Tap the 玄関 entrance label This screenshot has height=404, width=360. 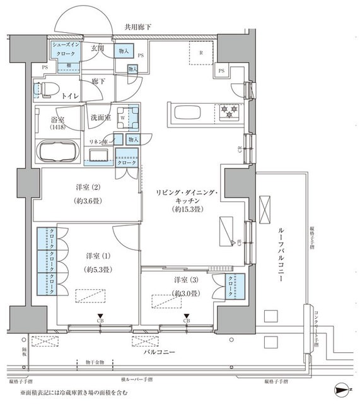pos(96,48)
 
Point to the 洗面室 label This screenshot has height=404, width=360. pos(100,117)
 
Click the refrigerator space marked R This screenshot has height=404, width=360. pos(201,53)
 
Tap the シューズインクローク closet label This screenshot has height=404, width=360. pos(64,50)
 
